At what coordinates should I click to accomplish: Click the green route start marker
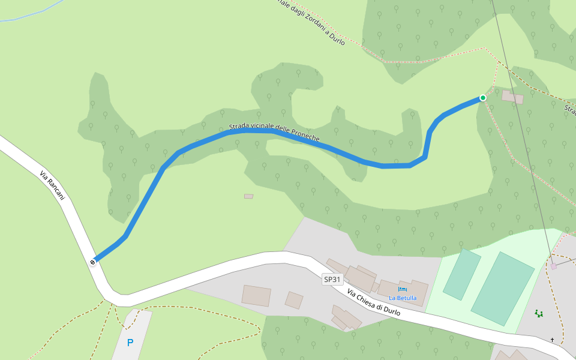click(482, 98)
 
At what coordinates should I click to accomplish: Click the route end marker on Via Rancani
click(93, 262)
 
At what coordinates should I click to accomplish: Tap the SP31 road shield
click(332, 280)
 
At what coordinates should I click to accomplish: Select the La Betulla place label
click(402, 298)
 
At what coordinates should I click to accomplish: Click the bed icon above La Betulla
click(402, 289)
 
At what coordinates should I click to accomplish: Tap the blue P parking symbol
click(130, 343)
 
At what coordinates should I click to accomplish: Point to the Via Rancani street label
click(52, 185)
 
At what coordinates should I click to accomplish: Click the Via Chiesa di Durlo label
click(373, 303)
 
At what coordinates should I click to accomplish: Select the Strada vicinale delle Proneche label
click(274, 133)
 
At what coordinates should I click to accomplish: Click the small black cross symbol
click(553, 340)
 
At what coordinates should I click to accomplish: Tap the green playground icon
click(538, 313)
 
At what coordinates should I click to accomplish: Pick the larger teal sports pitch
click(502, 288)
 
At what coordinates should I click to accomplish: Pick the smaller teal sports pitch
click(462, 274)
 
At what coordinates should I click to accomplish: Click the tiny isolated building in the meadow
click(248, 196)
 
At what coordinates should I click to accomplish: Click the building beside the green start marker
click(512, 97)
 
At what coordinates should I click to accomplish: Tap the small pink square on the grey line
click(553, 266)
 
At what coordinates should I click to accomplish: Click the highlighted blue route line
click(144, 201)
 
